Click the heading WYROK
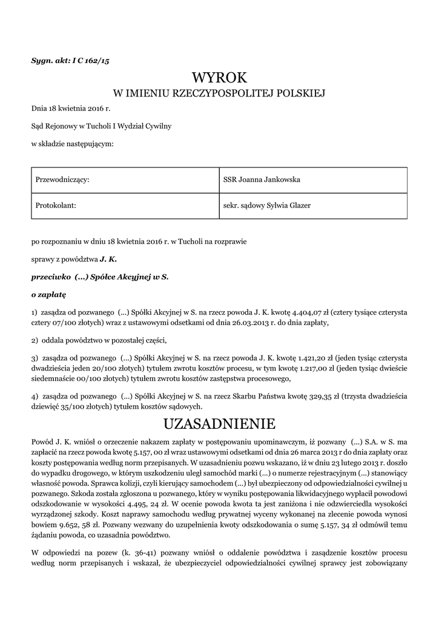pyautogui.click(x=219, y=78)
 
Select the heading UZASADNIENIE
pyautogui.click(x=219, y=423)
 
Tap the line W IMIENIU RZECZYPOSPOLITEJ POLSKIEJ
pyautogui.click(x=219, y=93)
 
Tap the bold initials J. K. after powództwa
pyautogui.click(x=108, y=259)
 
